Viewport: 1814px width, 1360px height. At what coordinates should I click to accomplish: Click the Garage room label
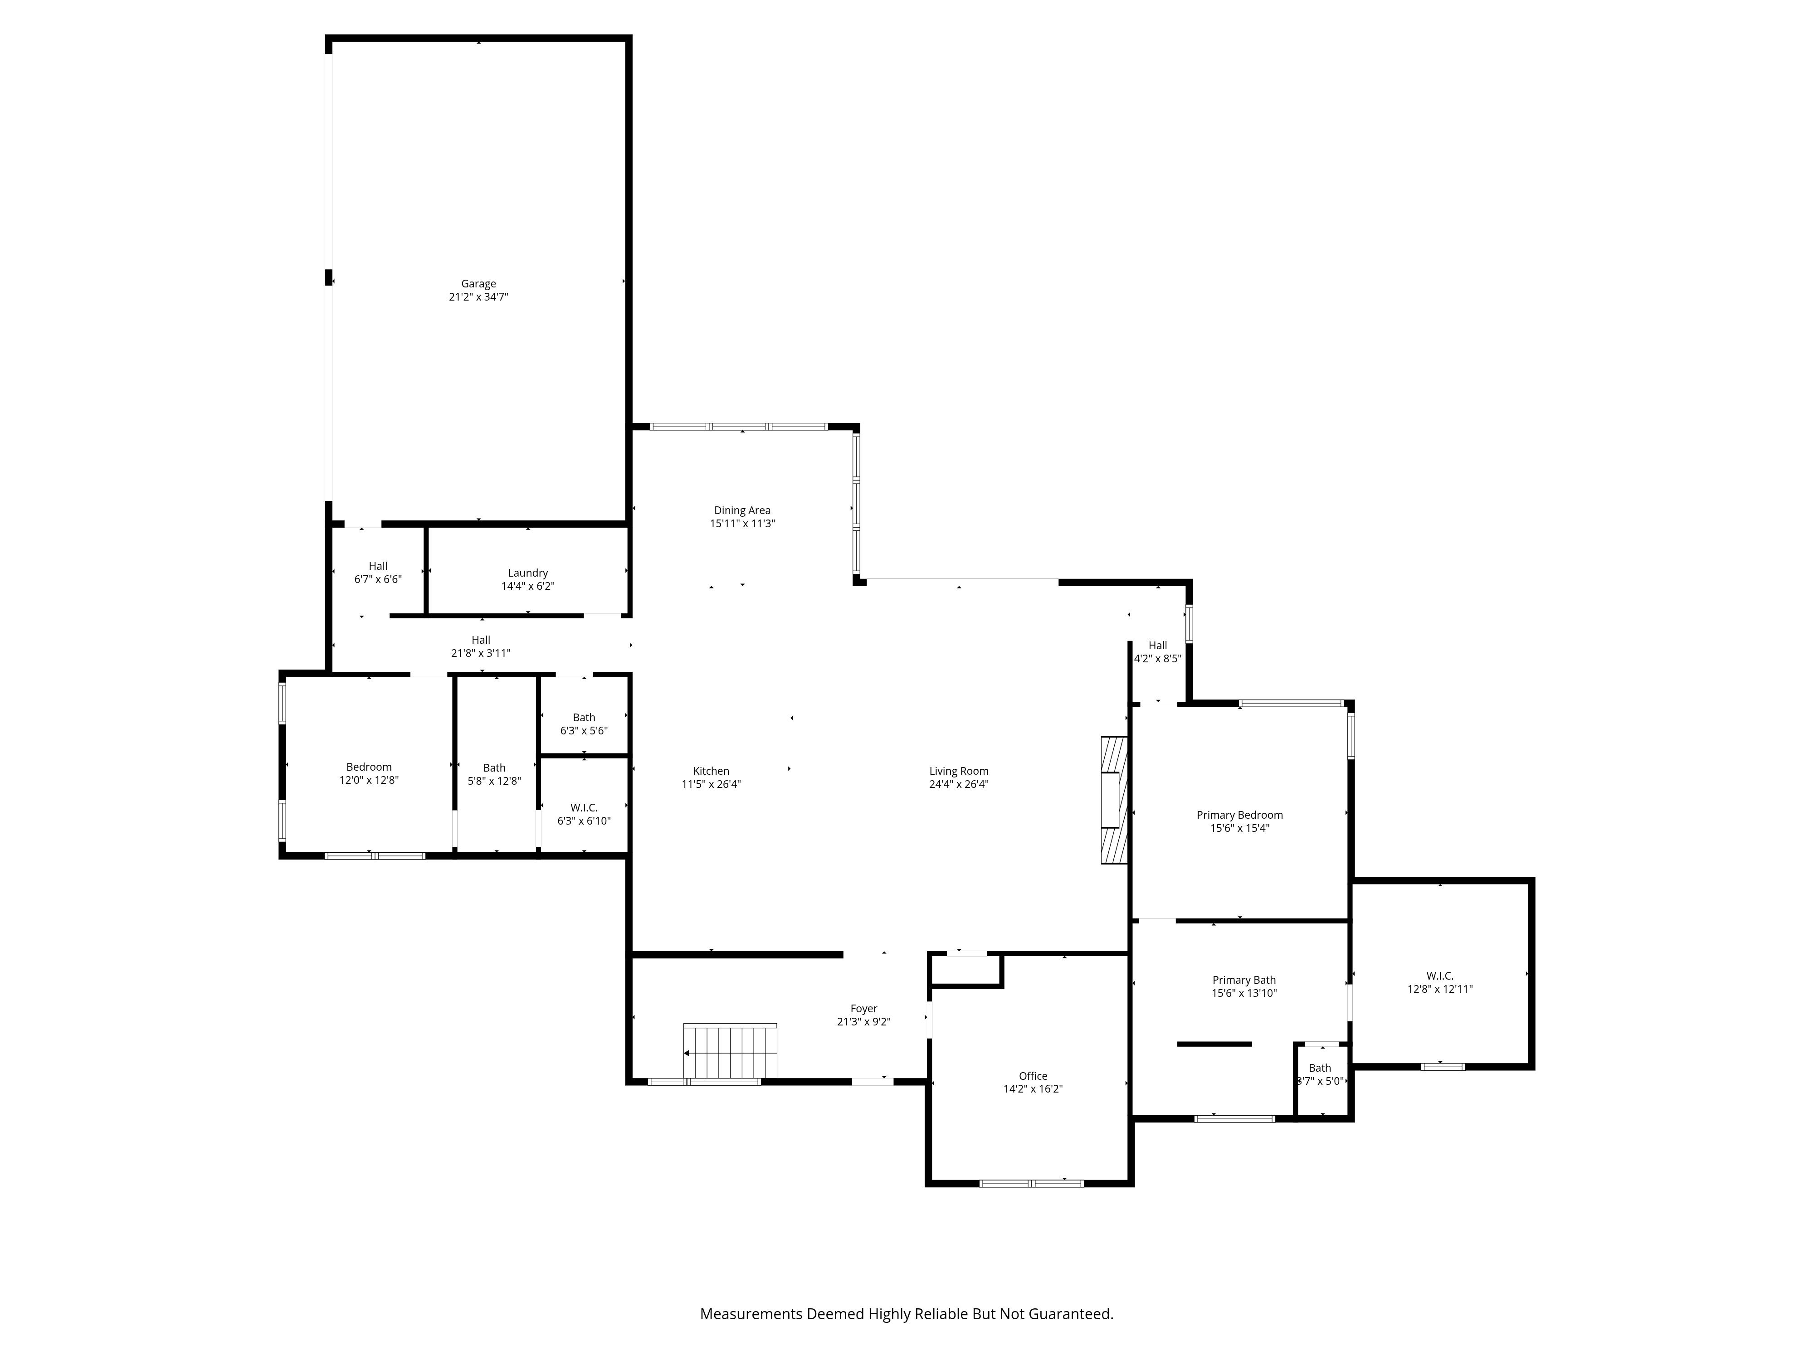pos(478,284)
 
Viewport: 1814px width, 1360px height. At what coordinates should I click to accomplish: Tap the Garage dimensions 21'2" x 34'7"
pos(478,297)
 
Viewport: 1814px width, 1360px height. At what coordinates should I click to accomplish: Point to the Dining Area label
pos(742,510)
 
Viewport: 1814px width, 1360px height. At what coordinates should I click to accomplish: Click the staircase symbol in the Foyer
pos(730,1052)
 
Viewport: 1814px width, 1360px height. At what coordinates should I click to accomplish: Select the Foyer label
pos(863,1008)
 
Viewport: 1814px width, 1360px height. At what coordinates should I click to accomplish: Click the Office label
pos(1033,1076)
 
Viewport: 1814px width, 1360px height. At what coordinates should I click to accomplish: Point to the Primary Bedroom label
pos(1239,815)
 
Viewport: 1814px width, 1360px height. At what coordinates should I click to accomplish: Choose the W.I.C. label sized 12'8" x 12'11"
pos(1439,976)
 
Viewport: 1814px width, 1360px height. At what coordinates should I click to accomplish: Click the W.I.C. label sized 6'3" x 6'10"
pos(584,807)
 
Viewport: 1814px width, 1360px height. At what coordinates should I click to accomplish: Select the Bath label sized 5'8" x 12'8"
pos(494,768)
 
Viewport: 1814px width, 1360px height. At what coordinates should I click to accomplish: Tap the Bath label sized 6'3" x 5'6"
pos(584,717)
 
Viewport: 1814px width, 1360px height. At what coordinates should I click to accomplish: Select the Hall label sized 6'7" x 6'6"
pos(378,566)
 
